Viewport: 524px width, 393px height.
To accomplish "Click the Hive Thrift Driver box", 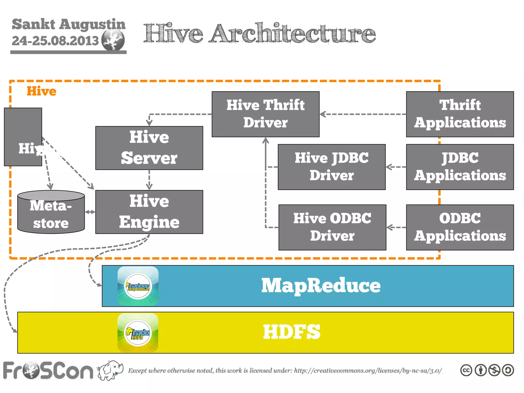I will (265, 114).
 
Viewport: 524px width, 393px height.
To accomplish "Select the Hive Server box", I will (149, 148).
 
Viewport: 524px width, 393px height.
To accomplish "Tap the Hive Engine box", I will (149, 212).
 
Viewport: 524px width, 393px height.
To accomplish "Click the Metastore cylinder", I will (51, 212).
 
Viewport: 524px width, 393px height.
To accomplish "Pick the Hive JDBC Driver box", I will (332, 167).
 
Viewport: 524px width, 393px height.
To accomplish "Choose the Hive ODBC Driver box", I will (332, 227).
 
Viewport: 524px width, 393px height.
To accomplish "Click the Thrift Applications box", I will (460, 114).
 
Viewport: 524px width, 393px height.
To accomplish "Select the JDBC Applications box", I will (460, 167).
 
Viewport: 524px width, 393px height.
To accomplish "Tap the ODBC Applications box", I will (460, 227).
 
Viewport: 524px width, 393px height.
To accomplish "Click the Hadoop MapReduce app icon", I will (138, 286).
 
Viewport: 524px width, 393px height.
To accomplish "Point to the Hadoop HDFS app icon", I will (138, 333).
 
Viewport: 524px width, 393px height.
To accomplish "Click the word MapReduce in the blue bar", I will (321, 286).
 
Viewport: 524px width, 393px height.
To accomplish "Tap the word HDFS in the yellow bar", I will (292, 332).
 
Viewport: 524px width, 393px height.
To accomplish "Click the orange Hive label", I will (41, 91).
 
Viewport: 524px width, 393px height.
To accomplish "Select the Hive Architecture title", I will (259, 33).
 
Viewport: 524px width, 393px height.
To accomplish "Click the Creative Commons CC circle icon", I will (466, 370).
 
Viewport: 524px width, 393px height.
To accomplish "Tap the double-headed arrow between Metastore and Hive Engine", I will (90, 212).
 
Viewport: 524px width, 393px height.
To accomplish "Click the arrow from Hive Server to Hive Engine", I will (149, 180).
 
